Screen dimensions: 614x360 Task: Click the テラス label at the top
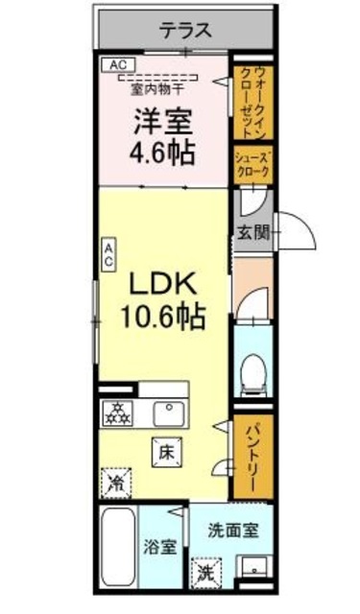(x=185, y=30)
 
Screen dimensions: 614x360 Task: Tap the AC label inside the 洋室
(x=118, y=65)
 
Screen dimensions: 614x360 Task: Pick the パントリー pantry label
(x=253, y=458)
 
